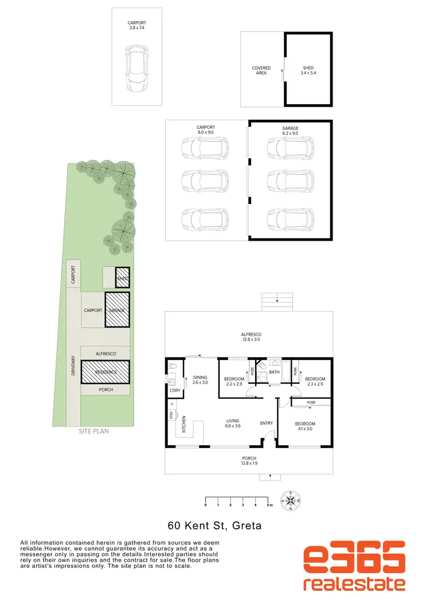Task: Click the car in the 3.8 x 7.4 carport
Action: [136, 68]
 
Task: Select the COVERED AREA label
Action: [261, 70]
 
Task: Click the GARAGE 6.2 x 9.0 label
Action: [290, 130]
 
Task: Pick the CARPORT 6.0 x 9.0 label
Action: [205, 130]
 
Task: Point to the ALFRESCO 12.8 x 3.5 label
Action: [251, 336]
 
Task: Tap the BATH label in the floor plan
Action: [273, 372]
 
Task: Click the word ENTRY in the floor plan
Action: [267, 423]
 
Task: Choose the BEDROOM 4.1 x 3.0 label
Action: [305, 426]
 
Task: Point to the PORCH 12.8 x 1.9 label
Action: [248, 460]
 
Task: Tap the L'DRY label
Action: [174, 391]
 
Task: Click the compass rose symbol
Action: [291, 500]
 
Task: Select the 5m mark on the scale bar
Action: [269, 505]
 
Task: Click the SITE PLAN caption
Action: [93, 431]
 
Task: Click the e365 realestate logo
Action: [354, 567]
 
